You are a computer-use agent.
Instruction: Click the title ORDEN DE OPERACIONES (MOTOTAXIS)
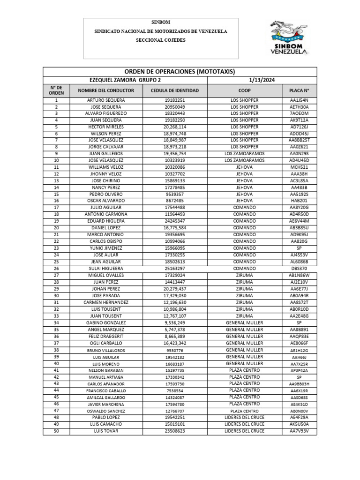(x=180, y=72)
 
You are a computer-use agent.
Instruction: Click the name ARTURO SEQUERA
(x=106, y=100)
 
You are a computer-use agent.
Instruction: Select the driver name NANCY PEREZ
(x=106, y=187)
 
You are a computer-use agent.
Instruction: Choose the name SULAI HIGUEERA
(x=106, y=269)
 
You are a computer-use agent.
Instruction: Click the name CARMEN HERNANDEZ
(x=106, y=303)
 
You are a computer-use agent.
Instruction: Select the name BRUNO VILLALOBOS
(x=106, y=350)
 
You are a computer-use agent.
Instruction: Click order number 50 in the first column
(x=56, y=431)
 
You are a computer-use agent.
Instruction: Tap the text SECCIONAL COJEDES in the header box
(x=161, y=40)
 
